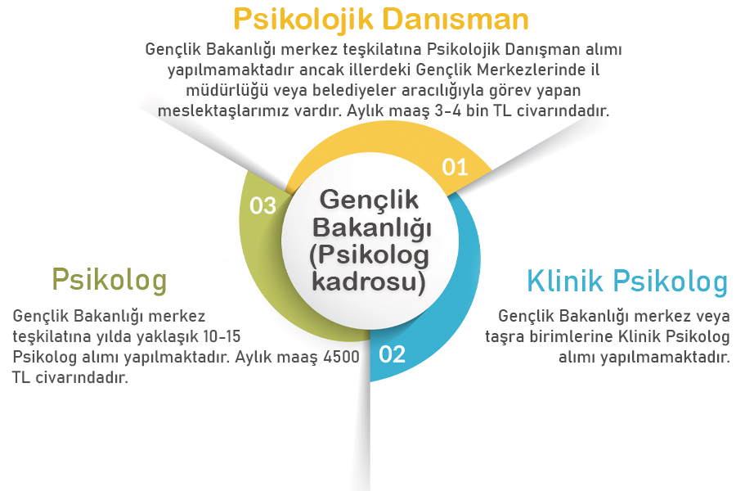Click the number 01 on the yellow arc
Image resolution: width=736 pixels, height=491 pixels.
click(455, 167)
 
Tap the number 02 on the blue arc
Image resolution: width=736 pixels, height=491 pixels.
click(392, 354)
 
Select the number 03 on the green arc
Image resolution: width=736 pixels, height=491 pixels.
click(263, 205)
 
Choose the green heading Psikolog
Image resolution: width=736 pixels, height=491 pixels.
click(109, 279)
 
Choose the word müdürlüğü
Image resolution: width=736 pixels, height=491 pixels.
click(208, 90)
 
